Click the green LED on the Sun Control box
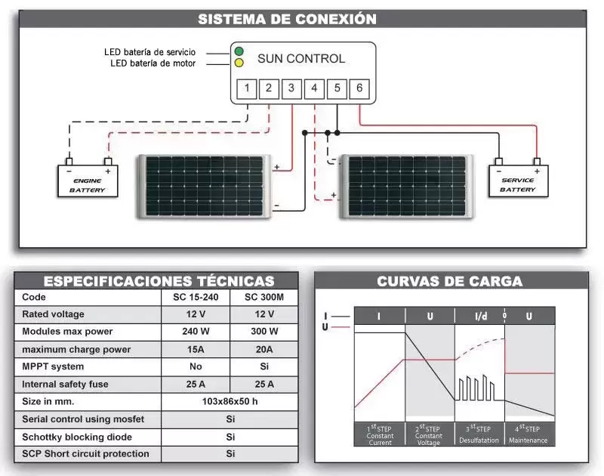point(239,51)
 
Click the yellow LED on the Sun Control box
point(239,63)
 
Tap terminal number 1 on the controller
point(247,88)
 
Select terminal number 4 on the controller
point(314,88)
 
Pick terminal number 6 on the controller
point(359,88)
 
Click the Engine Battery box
point(88,181)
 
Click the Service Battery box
point(518,181)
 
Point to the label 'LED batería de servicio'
point(149,52)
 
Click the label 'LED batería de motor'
point(153,63)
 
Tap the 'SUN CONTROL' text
point(301,59)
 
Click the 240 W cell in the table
point(196,332)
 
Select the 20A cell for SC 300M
point(264,350)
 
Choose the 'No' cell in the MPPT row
point(196,366)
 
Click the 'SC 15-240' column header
point(196,297)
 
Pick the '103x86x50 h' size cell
point(230,402)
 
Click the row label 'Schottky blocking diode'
point(77,437)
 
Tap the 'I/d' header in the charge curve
point(481,317)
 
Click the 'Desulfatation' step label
point(479,440)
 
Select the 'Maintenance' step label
point(528,440)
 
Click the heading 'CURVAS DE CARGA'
point(449,281)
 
